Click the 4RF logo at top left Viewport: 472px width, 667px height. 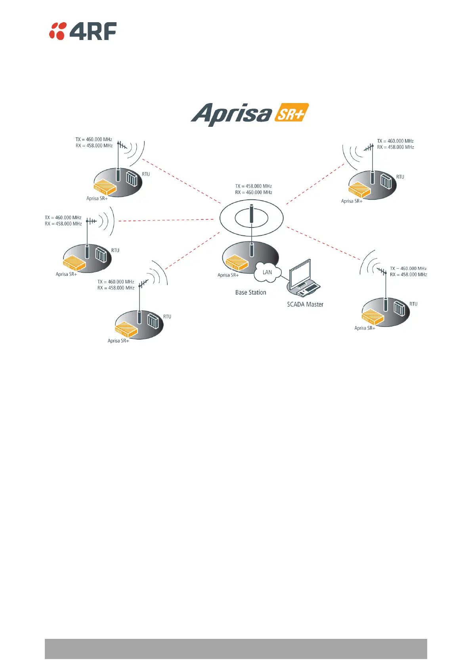[83, 31]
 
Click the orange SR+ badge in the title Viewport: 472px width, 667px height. [291, 113]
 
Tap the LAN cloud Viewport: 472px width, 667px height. [268, 272]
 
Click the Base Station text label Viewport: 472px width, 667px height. [250, 292]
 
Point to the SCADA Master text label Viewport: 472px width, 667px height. [305, 304]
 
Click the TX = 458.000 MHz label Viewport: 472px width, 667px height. [253, 186]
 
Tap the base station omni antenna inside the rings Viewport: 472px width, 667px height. [251, 214]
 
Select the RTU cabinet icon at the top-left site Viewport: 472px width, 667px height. [132, 179]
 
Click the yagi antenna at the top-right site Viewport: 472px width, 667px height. [369, 148]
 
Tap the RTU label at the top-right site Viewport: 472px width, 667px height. [400, 177]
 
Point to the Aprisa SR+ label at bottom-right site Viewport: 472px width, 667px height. [365, 328]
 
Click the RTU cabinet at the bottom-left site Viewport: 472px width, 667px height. [153, 321]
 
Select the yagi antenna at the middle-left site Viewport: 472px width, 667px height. [91, 221]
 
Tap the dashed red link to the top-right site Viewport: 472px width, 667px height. [315, 184]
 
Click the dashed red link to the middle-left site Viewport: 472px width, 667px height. [166, 220]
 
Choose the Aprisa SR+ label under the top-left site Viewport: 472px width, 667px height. [97, 199]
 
